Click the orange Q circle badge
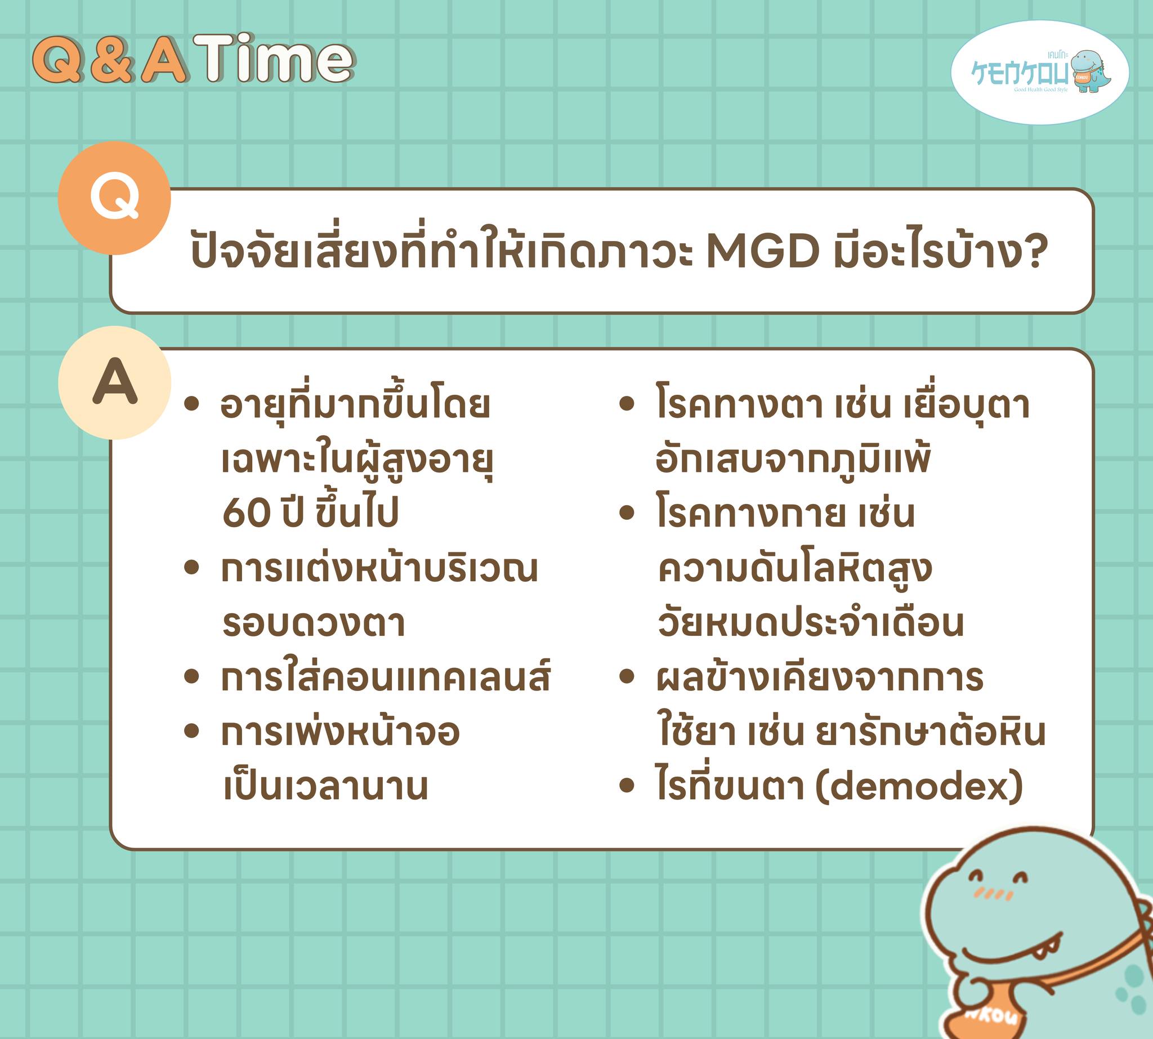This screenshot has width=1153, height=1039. [114, 198]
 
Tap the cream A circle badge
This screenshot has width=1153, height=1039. [115, 382]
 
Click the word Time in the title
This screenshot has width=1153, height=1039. [274, 58]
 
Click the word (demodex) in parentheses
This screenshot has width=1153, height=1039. [919, 786]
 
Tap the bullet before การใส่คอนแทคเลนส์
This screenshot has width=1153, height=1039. [192, 676]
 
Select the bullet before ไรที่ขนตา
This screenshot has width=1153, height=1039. [627, 786]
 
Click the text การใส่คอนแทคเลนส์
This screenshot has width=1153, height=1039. [386, 676]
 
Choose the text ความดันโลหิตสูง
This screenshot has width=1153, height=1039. [794, 569]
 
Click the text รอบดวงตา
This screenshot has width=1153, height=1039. [314, 623]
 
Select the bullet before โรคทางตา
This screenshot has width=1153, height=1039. [627, 404]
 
